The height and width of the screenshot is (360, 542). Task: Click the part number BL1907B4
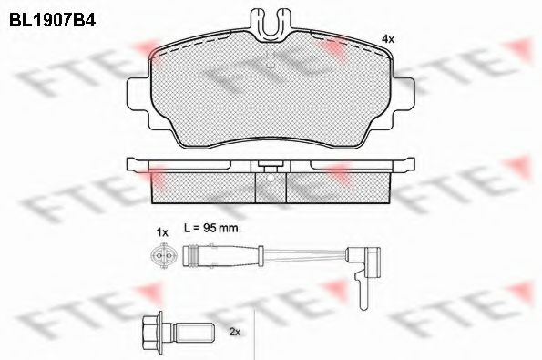[x=52, y=20]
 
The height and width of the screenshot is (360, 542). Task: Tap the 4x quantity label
[x=387, y=39]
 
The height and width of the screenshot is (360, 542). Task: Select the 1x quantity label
[x=162, y=232]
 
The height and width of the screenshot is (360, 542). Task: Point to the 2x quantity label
[x=235, y=333]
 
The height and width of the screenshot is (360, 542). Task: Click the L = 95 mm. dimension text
[x=212, y=228]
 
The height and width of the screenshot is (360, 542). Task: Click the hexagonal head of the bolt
[x=152, y=333]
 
